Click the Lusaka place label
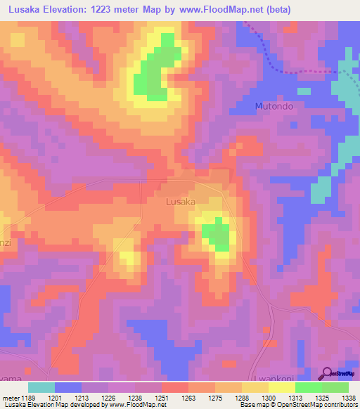coord(180,202)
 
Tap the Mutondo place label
coord(272,107)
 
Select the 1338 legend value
coord(349,398)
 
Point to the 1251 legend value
coord(161,398)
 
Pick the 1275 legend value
coord(215,398)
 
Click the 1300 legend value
coord(268,398)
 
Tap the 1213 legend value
coord(81,398)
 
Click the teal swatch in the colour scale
coord(41,387)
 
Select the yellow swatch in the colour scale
coord(281,387)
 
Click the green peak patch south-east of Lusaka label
coord(217,235)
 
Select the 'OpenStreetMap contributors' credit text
coord(317,405)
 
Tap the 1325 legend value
coord(322,398)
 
